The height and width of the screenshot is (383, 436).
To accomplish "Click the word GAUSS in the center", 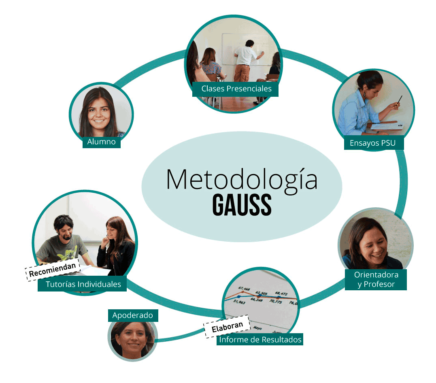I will tap(242, 205).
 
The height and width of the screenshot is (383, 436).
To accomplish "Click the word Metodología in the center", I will tap(242, 180).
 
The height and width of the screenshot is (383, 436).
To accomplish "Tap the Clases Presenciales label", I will tap(236, 89).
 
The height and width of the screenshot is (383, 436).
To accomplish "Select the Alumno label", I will tap(101, 142).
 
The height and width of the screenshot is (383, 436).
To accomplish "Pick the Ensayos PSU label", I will tap(372, 143).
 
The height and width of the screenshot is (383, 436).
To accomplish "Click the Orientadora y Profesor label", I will tap(376, 279).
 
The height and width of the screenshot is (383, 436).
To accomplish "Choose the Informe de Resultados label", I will tap(260, 339).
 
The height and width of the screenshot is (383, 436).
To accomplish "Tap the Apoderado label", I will tap(133, 315).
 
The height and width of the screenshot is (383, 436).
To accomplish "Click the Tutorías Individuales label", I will tap(83, 284).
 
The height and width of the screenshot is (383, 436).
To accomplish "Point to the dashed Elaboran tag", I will tap(227, 326).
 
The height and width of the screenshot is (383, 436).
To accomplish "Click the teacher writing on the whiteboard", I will tap(247, 57).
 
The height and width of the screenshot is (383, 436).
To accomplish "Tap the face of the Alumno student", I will tap(99, 111).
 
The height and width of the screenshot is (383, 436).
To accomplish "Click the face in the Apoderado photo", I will tap(132, 338).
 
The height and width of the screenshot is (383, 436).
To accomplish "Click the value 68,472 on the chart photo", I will tap(281, 293).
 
